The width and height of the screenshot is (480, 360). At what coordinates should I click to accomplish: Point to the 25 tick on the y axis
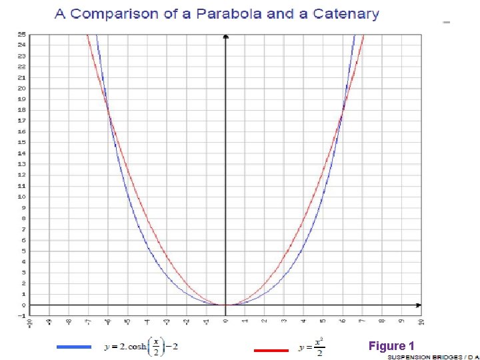click(x=22, y=34)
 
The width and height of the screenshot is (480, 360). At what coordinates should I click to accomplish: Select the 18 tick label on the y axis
click(x=22, y=110)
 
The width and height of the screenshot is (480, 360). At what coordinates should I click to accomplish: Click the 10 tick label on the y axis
click(x=22, y=197)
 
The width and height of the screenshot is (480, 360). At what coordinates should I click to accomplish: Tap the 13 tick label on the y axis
click(x=22, y=164)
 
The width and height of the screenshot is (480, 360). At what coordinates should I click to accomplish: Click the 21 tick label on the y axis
click(x=22, y=77)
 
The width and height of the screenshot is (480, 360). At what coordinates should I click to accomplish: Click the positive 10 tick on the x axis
click(x=421, y=321)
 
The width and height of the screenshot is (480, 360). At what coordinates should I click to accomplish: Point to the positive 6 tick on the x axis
click(x=343, y=321)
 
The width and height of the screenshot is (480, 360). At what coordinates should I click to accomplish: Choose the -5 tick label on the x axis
click(x=127, y=321)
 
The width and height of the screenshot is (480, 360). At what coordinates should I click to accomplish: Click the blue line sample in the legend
click(x=73, y=347)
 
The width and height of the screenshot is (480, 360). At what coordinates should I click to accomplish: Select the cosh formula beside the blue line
click(x=141, y=347)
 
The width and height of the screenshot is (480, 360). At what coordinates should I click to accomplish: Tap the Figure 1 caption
click(x=391, y=345)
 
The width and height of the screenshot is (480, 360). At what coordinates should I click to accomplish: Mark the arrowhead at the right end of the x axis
click(x=418, y=305)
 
